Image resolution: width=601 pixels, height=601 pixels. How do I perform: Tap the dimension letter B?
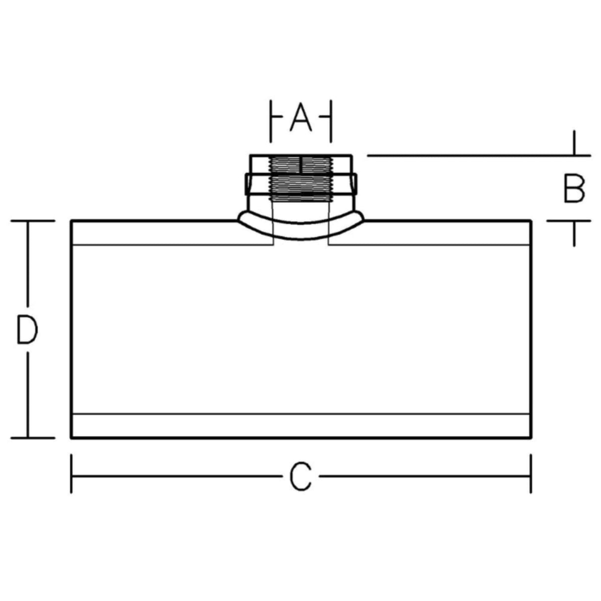click(x=574, y=189)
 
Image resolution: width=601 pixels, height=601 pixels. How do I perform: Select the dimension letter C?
click(x=300, y=477)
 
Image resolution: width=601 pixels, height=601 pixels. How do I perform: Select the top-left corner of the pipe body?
click(x=72, y=221)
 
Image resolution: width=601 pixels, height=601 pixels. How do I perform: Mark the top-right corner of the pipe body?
click(x=531, y=221)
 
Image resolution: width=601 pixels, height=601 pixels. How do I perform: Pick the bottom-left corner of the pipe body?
click(x=72, y=438)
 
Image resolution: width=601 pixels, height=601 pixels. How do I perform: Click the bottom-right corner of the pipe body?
click(x=531, y=438)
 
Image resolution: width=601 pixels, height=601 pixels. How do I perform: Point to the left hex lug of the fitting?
click(x=248, y=184)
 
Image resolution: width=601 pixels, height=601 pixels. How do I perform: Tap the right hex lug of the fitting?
click(x=354, y=184)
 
